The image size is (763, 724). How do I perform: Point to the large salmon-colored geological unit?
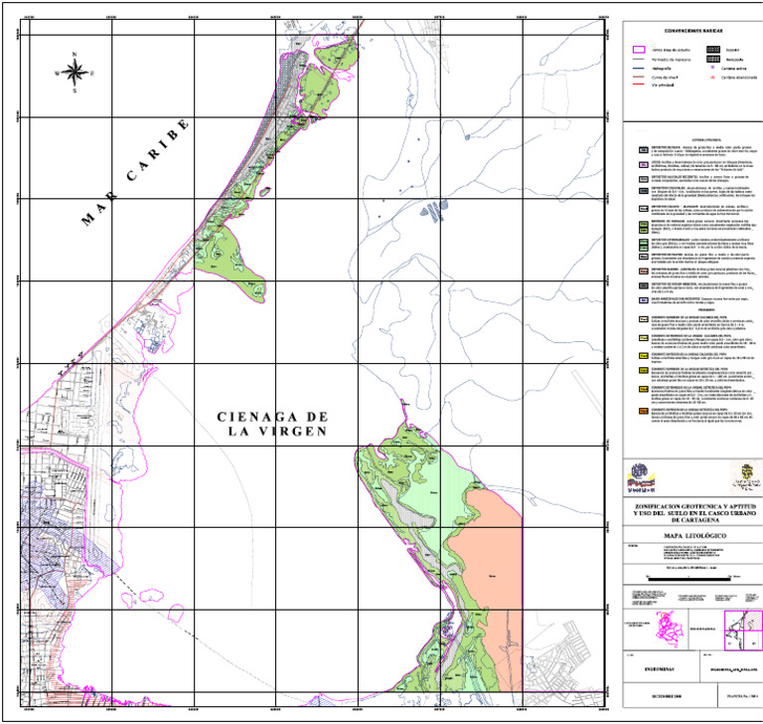(487, 567)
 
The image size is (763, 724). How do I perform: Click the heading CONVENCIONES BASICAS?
(687, 32)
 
